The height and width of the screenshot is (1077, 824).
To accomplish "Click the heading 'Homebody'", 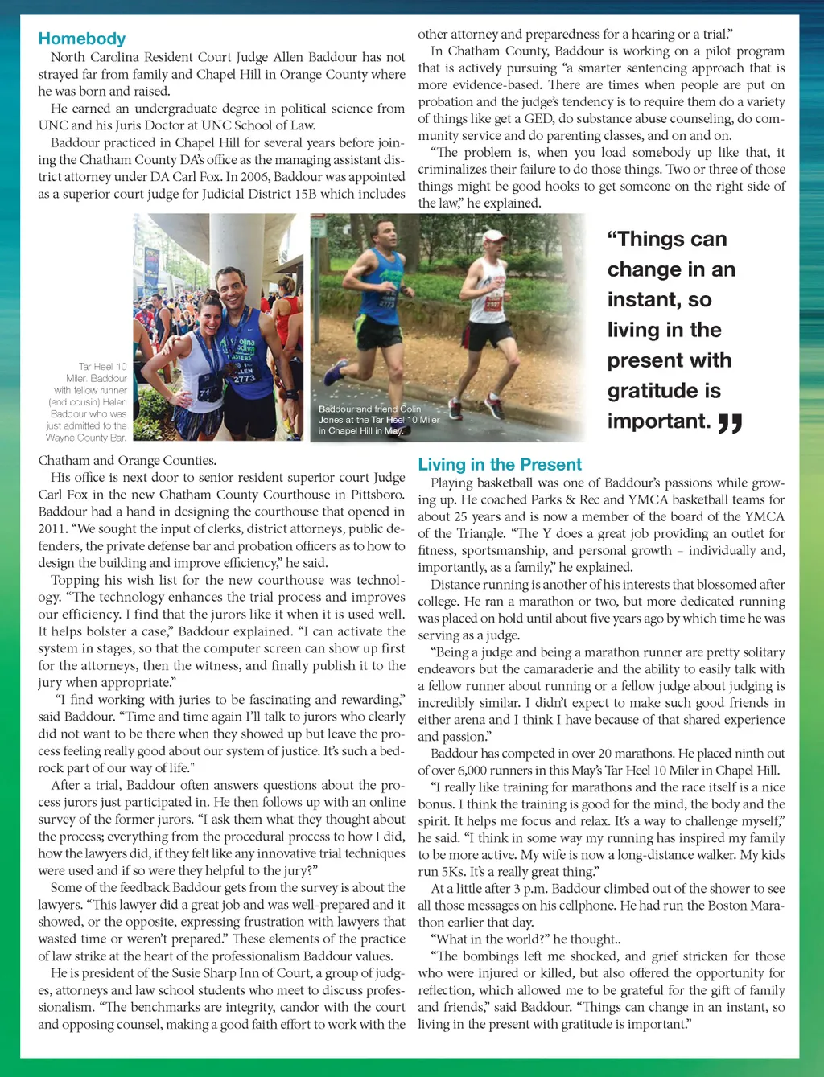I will [x=82, y=39].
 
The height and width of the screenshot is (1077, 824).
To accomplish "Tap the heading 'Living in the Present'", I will [x=499, y=464].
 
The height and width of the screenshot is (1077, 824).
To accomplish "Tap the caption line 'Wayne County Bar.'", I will [x=86, y=438].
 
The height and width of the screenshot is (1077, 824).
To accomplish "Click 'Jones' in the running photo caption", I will [x=330, y=420].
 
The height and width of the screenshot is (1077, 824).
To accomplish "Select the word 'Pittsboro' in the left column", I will [x=376, y=495].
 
